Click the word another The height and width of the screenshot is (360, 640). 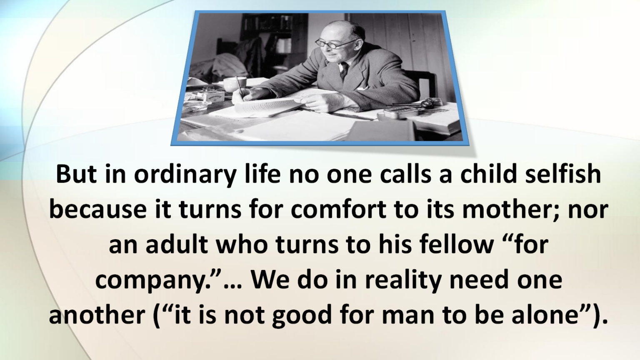(x=97, y=315)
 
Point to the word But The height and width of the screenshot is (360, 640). (x=76, y=174)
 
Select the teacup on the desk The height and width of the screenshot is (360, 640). (x=235, y=84)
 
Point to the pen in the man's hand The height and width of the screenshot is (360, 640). (x=240, y=87)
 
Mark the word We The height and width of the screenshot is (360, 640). (x=270, y=280)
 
